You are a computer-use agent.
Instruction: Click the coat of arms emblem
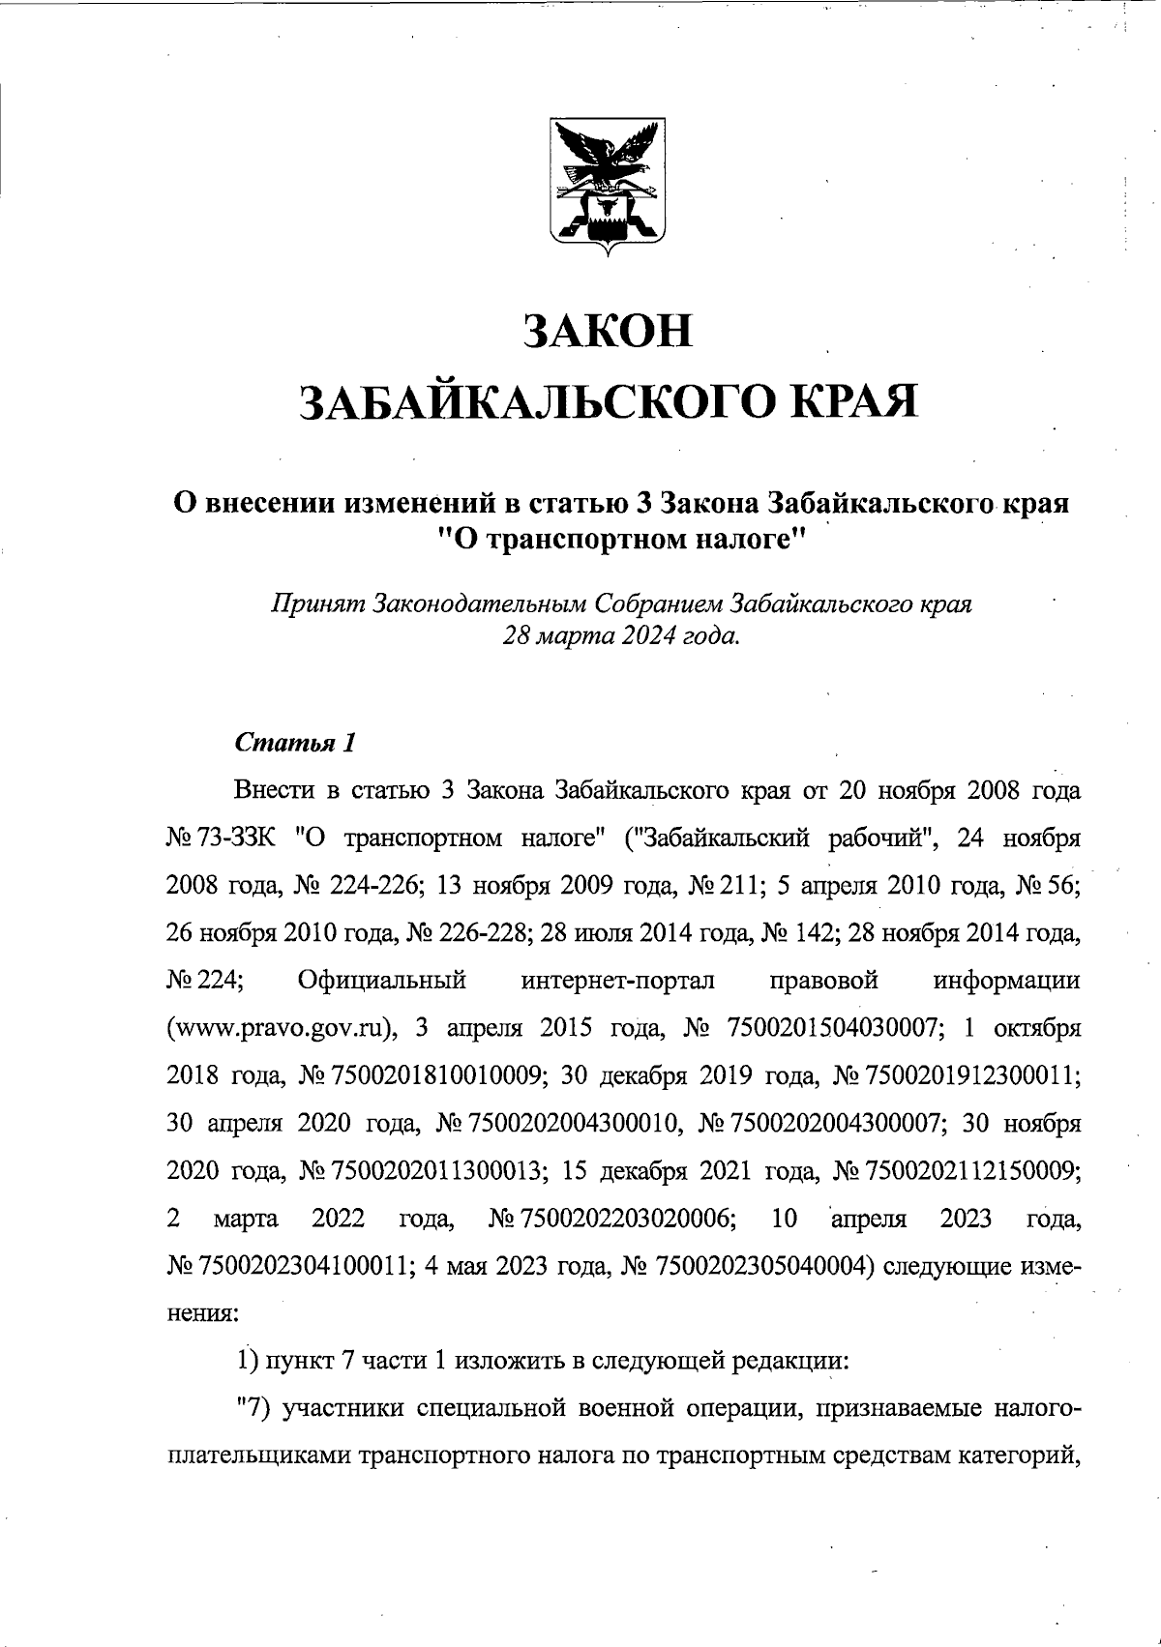(608, 186)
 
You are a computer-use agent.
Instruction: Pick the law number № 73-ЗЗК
(223, 837)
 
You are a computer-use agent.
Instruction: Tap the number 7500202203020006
(624, 1217)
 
